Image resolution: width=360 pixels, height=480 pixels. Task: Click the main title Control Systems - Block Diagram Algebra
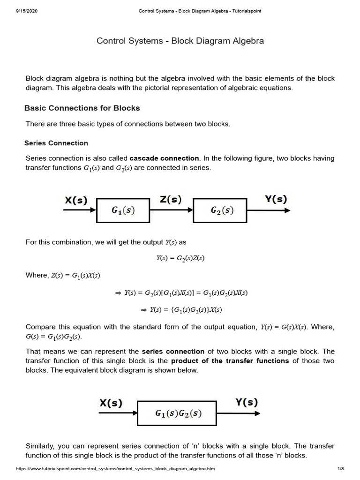pyautogui.click(x=180, y=41)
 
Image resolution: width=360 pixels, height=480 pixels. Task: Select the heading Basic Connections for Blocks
pyautogui.click(x=82, y=108)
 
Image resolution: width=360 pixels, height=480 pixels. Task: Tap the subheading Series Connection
pyautogui.click(x=56, y=143)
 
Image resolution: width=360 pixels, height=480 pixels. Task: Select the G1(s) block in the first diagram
pyautogui.click(x=123, y=210)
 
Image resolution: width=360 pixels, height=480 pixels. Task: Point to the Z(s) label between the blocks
pyautogui.click(x=171, y=199)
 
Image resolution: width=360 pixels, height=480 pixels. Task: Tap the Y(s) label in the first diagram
pyautogui.click(x=276, y=199)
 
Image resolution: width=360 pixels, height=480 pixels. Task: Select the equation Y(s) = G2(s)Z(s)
pyautogui.click(x=180, y=258)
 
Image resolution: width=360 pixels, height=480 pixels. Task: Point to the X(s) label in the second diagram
pyautogui.click(x=111, y=403)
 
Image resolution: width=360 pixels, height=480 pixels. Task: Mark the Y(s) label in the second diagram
pyautogui.click(x=246, y=402)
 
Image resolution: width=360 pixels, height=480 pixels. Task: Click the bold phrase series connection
pyautogui.click(x=173, y=351)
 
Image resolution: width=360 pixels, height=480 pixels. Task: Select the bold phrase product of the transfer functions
pyautogui.click(x=230, y=360)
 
